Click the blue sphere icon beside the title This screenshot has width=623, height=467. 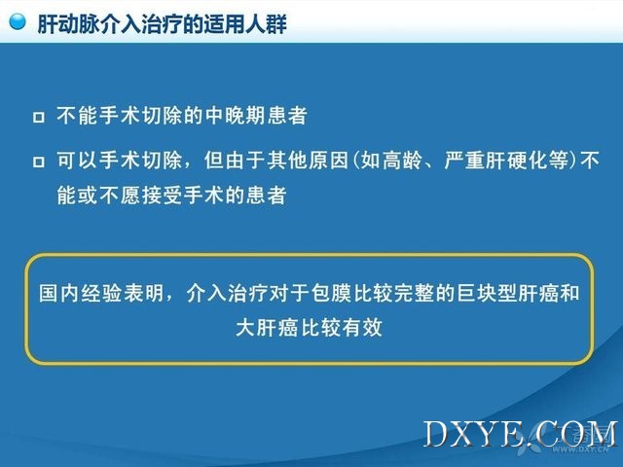17,21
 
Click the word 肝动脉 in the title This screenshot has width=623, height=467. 69,24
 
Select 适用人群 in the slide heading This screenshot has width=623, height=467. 245,24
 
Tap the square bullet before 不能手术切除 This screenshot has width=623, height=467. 39,117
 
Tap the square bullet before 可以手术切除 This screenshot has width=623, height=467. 39,162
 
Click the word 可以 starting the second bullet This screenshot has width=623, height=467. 77,160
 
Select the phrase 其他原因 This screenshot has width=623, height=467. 308,160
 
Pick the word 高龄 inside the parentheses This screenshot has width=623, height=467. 401,160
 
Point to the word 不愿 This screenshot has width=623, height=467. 120,195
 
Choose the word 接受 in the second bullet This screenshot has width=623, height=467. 162,195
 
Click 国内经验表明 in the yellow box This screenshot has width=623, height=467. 101,293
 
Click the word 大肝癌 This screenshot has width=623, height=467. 267,328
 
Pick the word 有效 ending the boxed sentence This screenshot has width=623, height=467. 362,328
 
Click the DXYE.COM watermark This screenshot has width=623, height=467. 521,435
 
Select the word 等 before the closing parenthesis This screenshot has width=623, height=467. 558,160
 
